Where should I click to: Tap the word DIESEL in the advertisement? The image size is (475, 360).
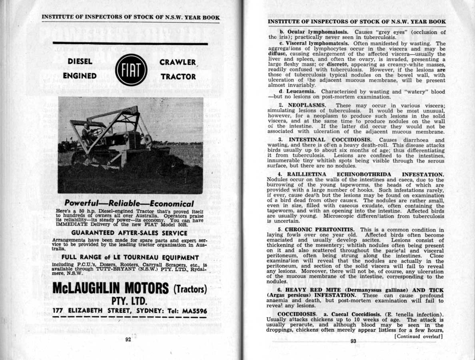pyautogui.click(x=80, y=62)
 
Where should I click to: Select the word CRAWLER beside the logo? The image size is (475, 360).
pyautogui.click(x=178, y=62)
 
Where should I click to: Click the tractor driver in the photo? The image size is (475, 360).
pyautogui.click(x=86, y=132)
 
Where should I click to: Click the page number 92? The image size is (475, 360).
pyautogui.click(x=128, y=340)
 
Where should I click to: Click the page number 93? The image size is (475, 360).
pyautogui.click(x=353, y=341)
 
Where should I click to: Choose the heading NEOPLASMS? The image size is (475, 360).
pyautogui.click(x=307, y=105)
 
